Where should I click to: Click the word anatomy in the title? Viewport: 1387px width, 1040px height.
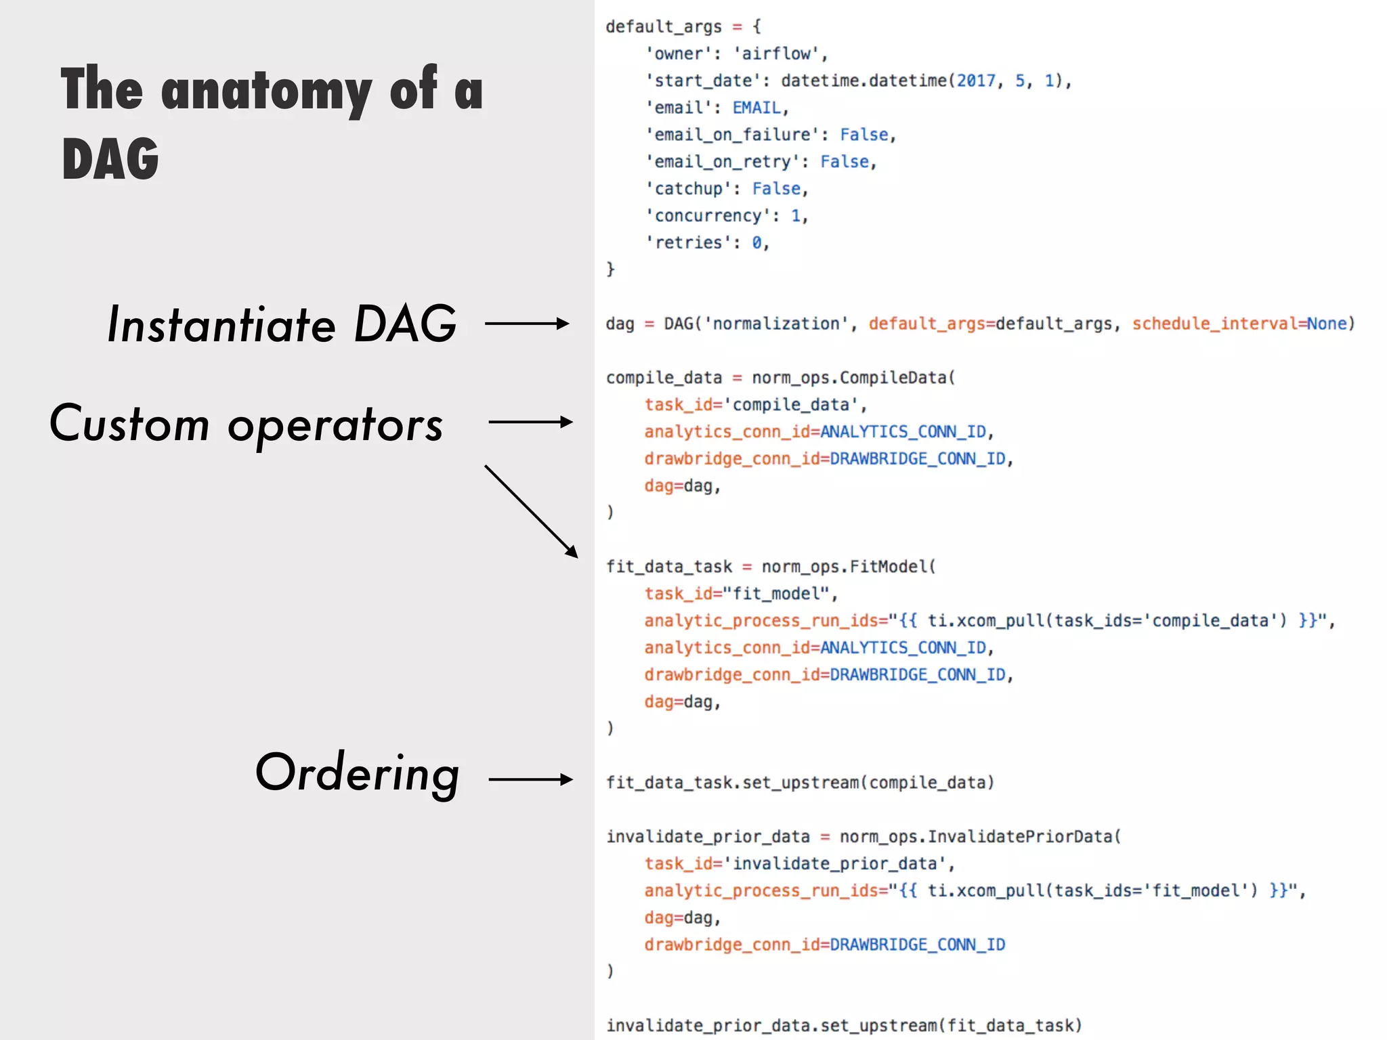point(266,91)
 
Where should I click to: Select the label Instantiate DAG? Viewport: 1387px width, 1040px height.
point(282,324)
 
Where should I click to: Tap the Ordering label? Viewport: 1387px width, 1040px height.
point(358,773)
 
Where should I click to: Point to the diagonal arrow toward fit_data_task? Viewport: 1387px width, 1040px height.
point(532,512)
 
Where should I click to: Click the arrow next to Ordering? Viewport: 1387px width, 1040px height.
point(531,780)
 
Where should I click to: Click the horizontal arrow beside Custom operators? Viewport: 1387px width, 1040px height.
point(531,422)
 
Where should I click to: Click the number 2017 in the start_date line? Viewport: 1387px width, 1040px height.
point(975,81)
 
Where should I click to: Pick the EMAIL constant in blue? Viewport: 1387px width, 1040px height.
point(756,108)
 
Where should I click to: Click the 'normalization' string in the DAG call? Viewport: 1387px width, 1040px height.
point(776,324)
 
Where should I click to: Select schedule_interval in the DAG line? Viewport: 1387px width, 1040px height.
point(1214,324)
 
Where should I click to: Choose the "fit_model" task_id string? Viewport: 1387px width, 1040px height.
point(776,594)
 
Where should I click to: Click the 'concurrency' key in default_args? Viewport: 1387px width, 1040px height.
point(708,216)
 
